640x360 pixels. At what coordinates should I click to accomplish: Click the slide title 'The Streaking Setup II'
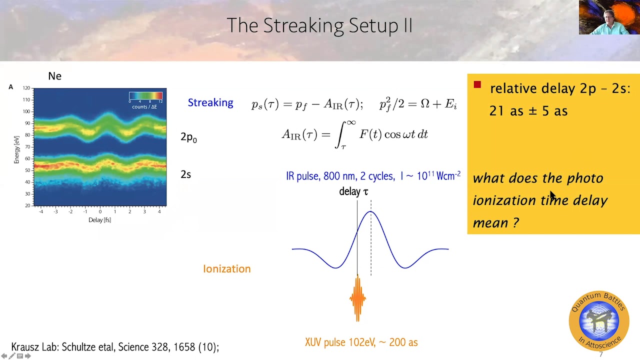(x=319, y=25)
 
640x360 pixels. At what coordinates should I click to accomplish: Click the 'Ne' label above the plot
(x=54, y=76)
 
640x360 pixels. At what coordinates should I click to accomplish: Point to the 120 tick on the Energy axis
(x=26, y=88)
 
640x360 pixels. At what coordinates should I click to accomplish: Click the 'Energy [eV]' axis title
(x=16, y=146)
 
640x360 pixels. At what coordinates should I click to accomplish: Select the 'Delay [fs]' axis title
(x=99, y=220)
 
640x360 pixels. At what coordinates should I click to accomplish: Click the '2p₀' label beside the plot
(x=188, y=137)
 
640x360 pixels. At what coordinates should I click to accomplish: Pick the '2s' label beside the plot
(x=185, y=174)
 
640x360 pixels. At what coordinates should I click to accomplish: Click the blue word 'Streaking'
(x=210, y=102)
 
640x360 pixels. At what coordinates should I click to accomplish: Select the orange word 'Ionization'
(x=226, y=268)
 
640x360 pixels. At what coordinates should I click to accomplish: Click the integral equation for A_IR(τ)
(x=354, y=134)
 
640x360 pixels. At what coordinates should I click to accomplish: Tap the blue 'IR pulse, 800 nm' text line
(x=373, y=176)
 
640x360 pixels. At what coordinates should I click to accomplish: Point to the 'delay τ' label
(x=353, y=191)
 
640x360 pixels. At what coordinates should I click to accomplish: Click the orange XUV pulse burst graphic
(x=357, y=299)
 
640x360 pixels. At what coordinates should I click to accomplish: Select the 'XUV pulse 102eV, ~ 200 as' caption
(x=361, y=342)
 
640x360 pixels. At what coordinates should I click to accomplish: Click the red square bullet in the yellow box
(x=477, y=85)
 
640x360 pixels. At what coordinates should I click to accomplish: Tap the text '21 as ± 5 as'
(x=528, y=111)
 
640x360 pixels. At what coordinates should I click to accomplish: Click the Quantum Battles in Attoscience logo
(x=598, y=320)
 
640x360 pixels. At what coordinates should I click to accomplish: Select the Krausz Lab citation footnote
(x=115, y=347)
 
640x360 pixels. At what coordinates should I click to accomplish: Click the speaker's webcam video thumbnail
(x=609, y=17)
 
